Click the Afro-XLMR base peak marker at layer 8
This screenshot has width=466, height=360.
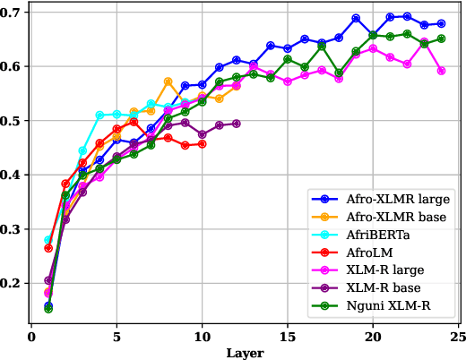coord(168,81)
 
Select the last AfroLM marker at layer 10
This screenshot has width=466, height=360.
coord(202,143)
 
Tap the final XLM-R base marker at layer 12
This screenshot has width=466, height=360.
coord(236,124)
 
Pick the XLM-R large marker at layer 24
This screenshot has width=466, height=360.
coord(441,70)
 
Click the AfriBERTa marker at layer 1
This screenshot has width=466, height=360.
coord(48,240)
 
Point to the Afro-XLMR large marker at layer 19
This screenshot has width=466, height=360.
coord(356,18)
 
